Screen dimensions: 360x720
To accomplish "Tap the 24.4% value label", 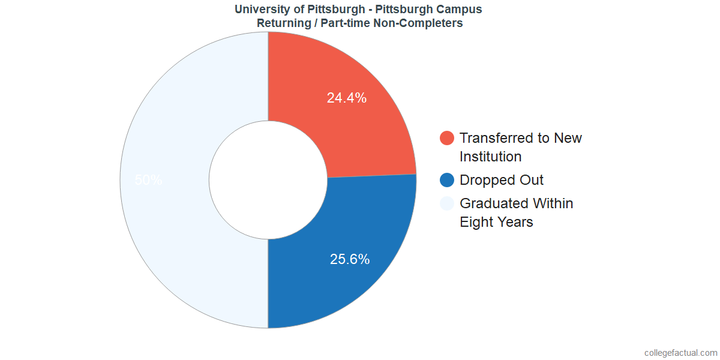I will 347,98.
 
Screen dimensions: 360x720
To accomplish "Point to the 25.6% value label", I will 350,259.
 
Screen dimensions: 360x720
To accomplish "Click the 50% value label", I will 148,180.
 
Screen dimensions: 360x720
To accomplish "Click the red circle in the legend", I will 447,138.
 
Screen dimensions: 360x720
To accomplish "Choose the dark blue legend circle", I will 447,180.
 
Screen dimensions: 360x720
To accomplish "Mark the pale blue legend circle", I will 447,203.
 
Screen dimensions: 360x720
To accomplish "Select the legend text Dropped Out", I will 502,180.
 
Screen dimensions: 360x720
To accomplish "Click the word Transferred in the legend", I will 496,138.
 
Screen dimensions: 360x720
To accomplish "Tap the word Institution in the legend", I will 490,157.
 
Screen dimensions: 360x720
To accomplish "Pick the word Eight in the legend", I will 476,222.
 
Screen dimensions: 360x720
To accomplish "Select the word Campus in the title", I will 461,9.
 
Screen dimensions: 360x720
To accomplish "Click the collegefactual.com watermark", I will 680,353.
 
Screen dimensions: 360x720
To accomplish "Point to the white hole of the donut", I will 268,180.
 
